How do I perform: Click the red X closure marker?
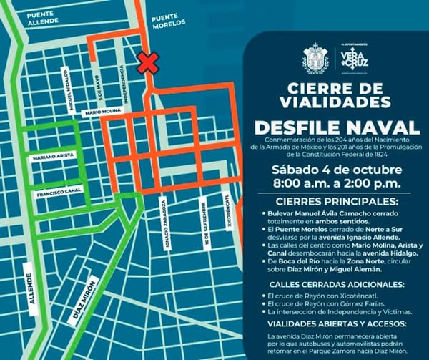click(x=149, y=62)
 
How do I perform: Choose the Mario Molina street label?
click(x=103, y=112)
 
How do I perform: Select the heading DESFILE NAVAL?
click(x=333, y=127)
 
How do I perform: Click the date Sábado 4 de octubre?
click(x=332, y=170)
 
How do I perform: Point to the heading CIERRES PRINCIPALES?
click(x=333, y=201)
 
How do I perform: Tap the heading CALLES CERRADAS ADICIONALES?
click(x=333, y=284)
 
